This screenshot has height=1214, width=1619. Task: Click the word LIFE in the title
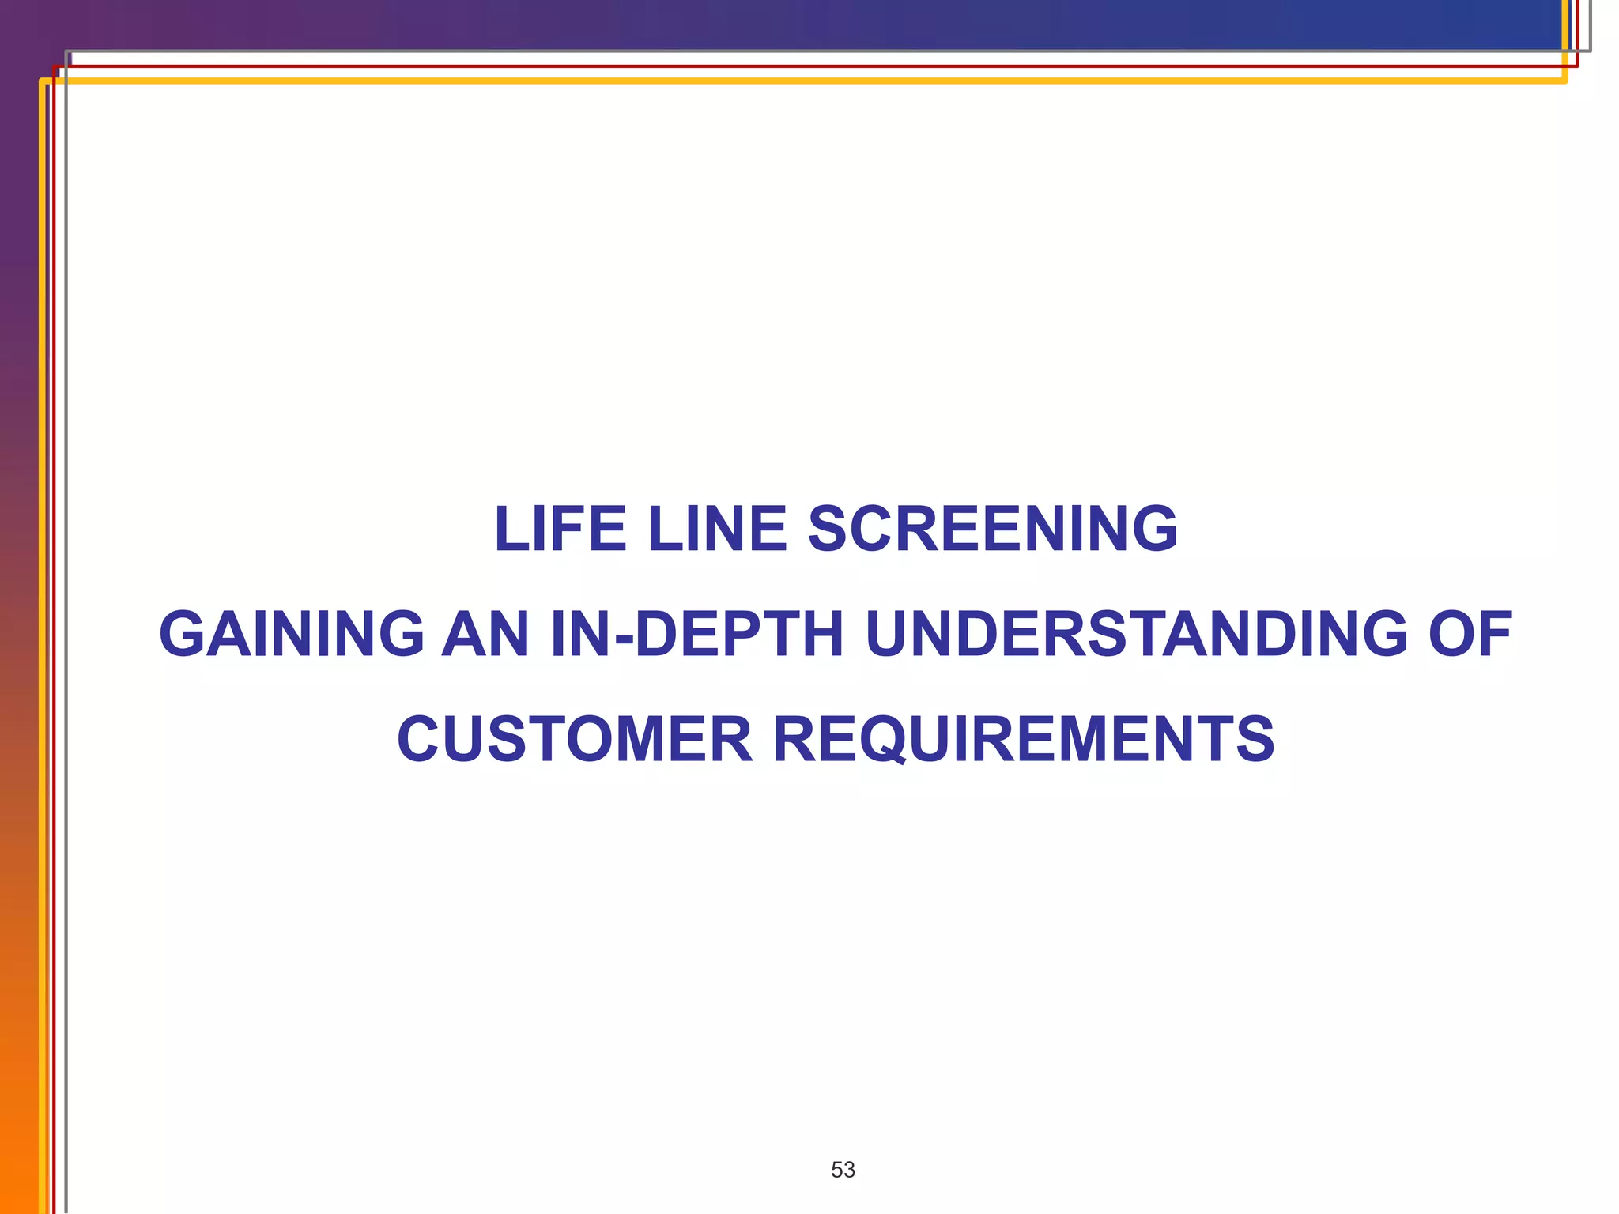(560, 529)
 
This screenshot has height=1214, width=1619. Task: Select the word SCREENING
(993, 529)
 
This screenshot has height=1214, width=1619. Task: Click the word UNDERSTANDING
(1136, 634)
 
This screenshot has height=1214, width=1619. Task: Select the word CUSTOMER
(575, 739)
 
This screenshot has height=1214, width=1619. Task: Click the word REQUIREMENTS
(1023, 739)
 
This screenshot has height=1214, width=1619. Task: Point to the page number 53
(843, 1170)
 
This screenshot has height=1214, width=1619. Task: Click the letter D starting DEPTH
(659, 634)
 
